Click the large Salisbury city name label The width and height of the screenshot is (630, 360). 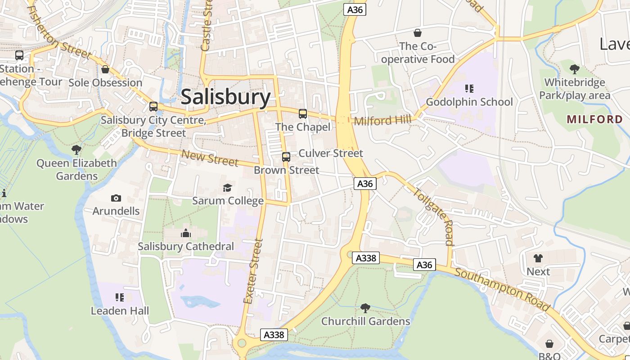pyautogui.click(x=225, y=97)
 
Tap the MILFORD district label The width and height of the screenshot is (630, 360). pyautogui.click(x=594, y=119)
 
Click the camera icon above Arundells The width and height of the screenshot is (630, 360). pyautogui.click(x=116, y=198)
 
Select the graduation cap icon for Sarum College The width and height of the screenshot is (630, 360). pyautogui.click(x=227, y=188)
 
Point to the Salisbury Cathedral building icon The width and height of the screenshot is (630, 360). pyautogui.click(x=185, y=233)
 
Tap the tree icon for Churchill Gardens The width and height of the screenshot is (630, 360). pyautogui.click(x=365, y=308)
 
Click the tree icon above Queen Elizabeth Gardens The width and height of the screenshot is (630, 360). pyautogui.click(x=76, y=149)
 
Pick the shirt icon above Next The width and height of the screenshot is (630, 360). pyautogui.click(x=538, y=258)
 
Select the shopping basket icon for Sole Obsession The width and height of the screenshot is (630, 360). pyautogui.click(x=105, y=69)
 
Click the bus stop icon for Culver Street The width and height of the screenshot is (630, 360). pyautogui.click(x=286, y=157)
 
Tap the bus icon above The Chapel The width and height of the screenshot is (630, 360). pyautogui.click(x=303, y=114)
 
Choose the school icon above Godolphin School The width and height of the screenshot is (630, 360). pyautogui.click(x=469, y=89)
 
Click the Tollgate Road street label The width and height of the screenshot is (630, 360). pyautogui.click(x=433, y=216)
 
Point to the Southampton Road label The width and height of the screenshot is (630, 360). pyautogui.click(x=502, y=290)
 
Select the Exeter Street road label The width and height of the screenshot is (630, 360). pyautogui.click(x=252, y=271)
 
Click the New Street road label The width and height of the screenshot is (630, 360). pyautogui.click(x=209, y=157)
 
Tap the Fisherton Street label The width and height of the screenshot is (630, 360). pyautogui.click(x=58, y=32)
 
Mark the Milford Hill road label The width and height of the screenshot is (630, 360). pyautogui.click(x=382, y=121)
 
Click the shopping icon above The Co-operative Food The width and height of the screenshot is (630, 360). pyautogui.click(x=418, y=33)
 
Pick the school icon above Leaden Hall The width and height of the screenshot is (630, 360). pyautogui.click(x=120, y=297)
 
